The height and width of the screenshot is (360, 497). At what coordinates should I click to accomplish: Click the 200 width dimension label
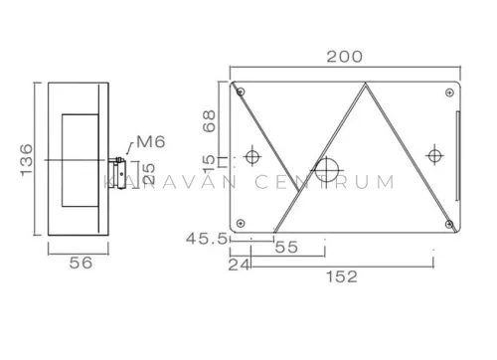point(345,57)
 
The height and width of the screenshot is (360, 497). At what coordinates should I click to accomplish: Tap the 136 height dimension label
point(27,160)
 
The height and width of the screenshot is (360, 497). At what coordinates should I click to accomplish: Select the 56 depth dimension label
point(81,263)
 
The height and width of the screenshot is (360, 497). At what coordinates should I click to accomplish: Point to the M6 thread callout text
point(151,142)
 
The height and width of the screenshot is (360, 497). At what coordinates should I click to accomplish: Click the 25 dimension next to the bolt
point(149,174)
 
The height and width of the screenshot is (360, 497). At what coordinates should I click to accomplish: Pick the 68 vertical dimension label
point(210,121)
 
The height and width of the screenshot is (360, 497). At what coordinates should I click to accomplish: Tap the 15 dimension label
point(210,164)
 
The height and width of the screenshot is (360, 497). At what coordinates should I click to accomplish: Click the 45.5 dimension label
point(207,239)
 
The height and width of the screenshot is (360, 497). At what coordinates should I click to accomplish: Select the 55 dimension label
point(286,247)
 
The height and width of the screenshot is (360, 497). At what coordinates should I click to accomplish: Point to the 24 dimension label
point(239,265)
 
